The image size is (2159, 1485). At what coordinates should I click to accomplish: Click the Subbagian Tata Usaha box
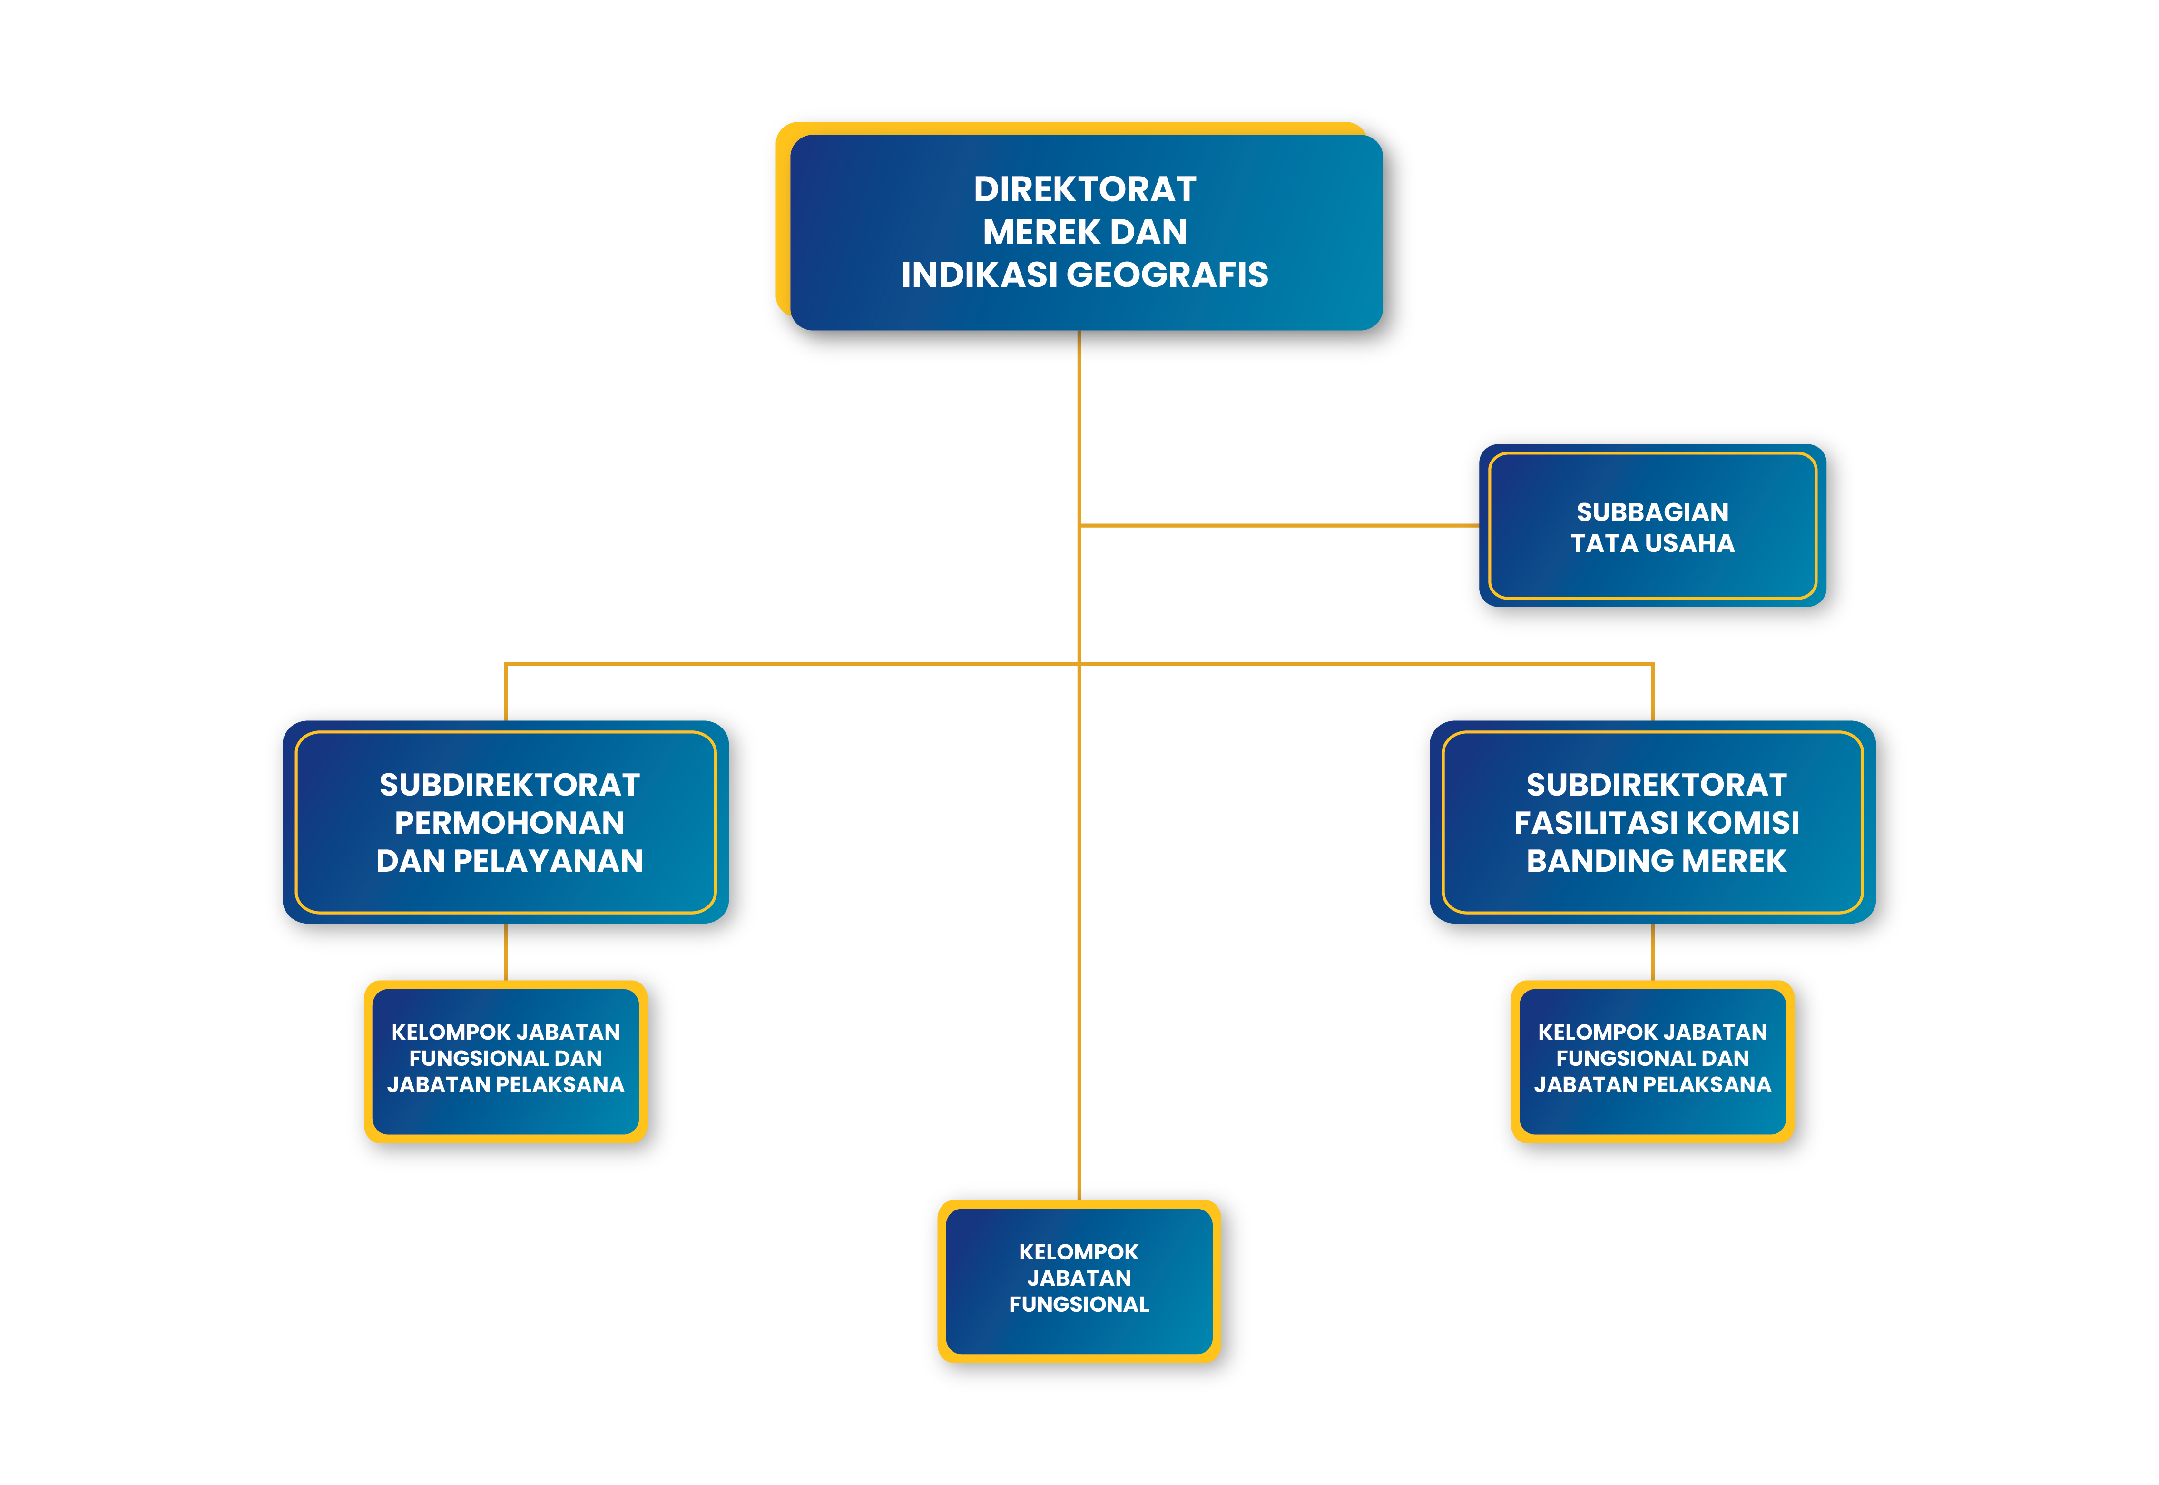(x=1652, y=526)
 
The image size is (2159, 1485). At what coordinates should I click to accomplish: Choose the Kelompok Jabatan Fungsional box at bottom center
(x=1079, y=1281)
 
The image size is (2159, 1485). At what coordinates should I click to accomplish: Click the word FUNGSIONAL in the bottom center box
(x=1079, y=1305)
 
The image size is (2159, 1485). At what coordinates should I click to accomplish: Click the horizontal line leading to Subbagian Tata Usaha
(x=1279, y=526)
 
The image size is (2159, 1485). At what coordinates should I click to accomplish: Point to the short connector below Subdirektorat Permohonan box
(x=505, y=952)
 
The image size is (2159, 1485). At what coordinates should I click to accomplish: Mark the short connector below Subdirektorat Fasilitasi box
(x=1652, y=952)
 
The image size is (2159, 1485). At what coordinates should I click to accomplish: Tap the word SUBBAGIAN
(x=1652, y=512)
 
